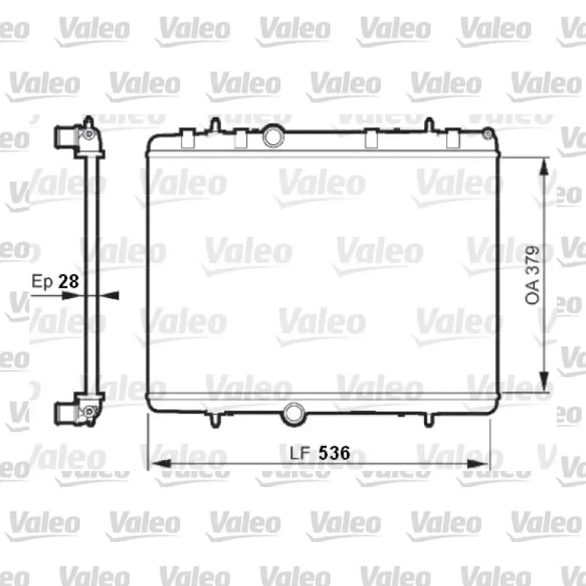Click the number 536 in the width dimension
pyautogui.click(x=334, y=453)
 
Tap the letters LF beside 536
pyautogui.click(x=300, y=453)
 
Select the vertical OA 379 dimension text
pyautogui.click(x=533, y=275)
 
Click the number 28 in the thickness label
pyautogui.click(x=69, y=281)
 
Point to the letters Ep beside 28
pyautogui.click(x=42, y=282)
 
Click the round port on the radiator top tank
pyautogui.click(x=273, y=136)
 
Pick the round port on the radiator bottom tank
pyautogui.click(x=294, y=414)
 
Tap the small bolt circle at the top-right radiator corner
pyautogui.click(x=487, y=134)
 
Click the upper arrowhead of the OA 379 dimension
pyautogui.click(x=544, y=167)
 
